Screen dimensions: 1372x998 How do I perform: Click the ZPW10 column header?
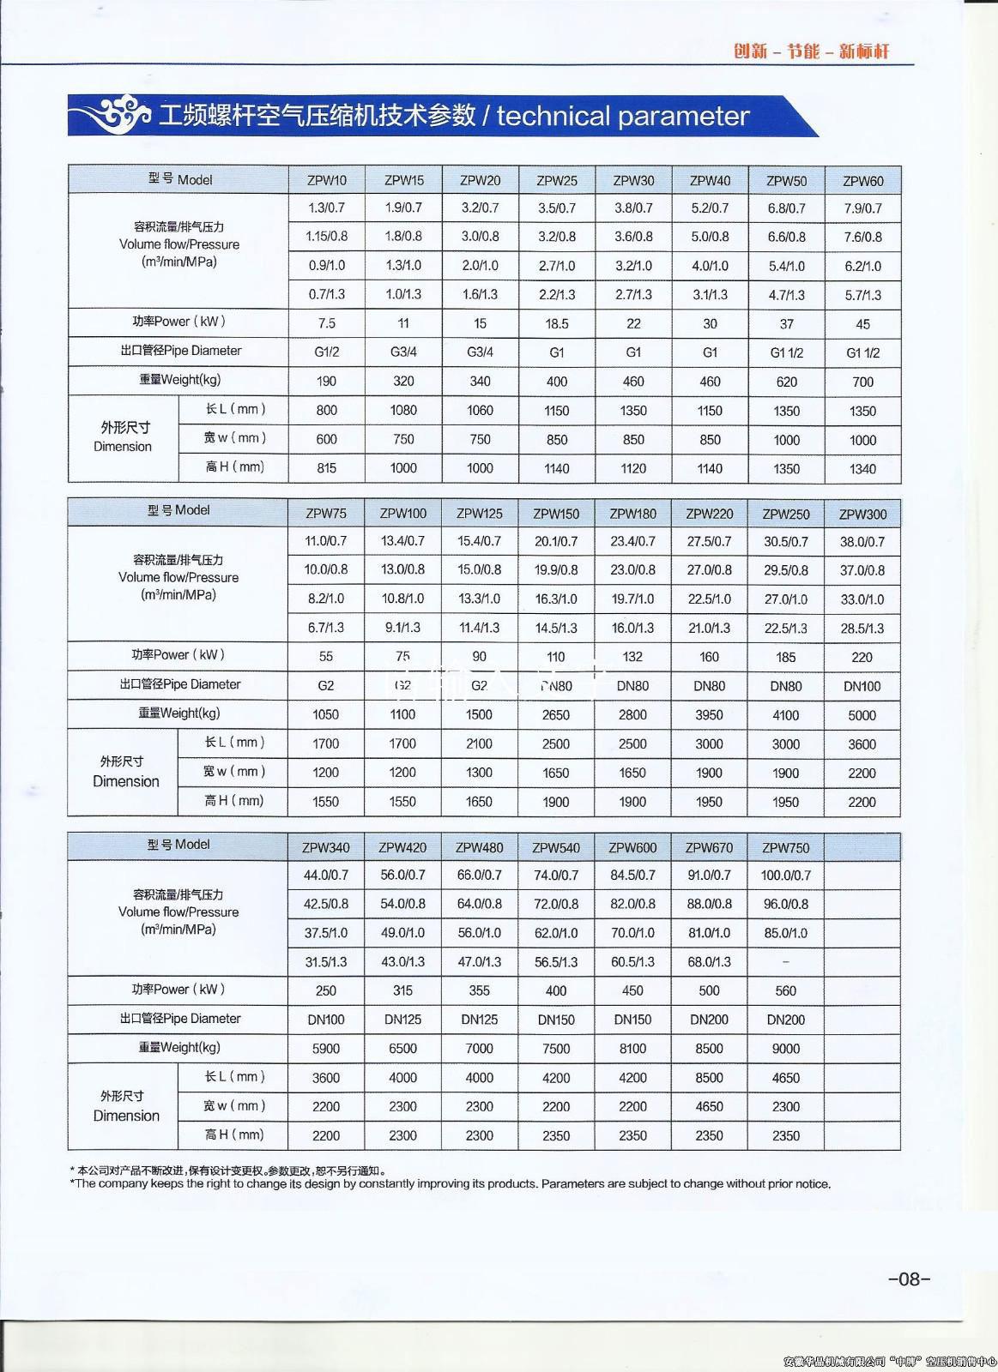coord(327,180)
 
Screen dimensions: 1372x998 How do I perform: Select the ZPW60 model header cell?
coord(862,181)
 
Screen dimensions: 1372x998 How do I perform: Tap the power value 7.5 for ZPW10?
coord(327,323)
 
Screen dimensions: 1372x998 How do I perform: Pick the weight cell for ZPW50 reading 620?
coord(786,382)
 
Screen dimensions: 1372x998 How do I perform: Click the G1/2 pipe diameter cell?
coord(327,352)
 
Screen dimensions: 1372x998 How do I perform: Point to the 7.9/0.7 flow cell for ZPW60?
coord(862,208)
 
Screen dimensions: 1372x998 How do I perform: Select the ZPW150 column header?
coord(556,514)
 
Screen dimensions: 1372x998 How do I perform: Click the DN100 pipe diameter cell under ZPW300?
coord(862,686)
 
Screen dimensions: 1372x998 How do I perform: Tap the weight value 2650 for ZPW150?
coord(556,714)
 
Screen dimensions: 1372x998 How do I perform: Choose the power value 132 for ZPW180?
coord(632,657)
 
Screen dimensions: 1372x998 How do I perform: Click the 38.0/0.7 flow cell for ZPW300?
coord(862,542)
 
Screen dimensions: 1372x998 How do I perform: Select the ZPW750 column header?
coord(785,848)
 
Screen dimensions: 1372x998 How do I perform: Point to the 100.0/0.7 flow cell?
coord(785,876)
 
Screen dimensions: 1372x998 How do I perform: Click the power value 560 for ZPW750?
coord(785,990)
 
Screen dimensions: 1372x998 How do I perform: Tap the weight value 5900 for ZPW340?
coord(326,1048)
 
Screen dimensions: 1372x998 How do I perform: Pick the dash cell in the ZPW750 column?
coord(785,962)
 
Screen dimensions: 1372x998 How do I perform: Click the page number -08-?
coord(909,1279)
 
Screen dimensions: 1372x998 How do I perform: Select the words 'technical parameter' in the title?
coord(623,116)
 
